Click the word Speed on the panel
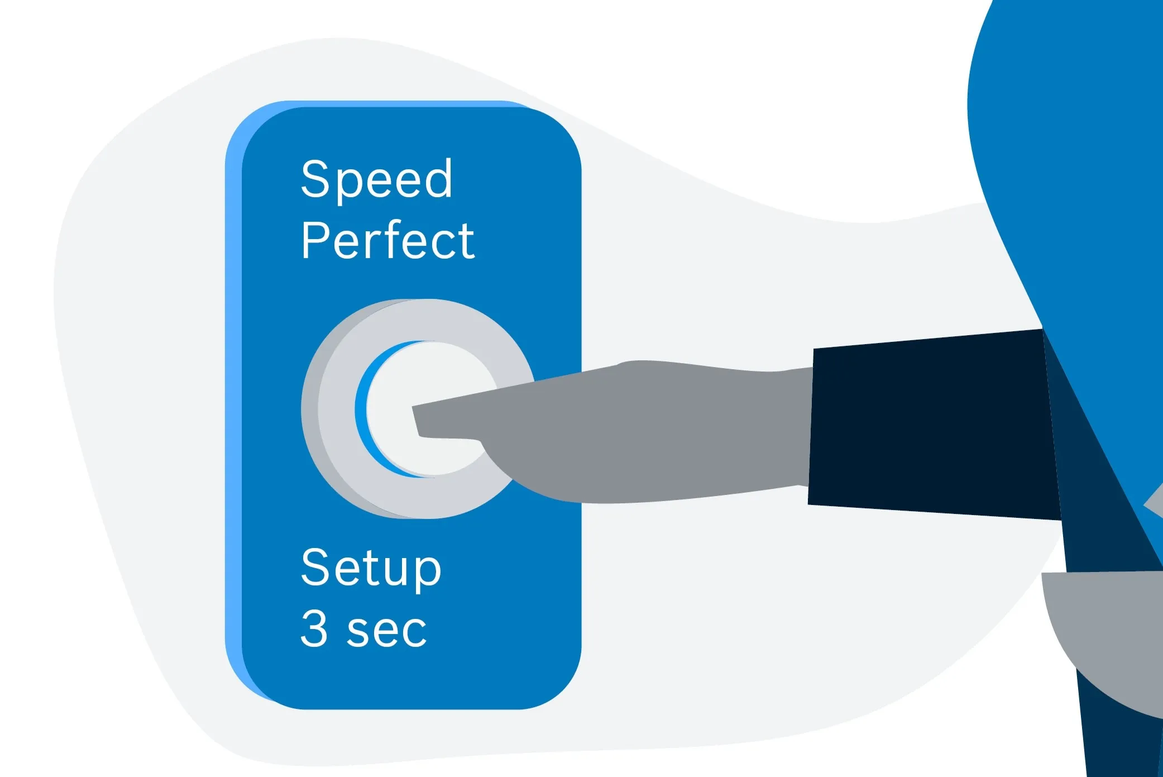coord(376,180)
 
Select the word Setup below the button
coord(371,568)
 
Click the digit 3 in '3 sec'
coord(314,628)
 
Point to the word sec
coord(386,632)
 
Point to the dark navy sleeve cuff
coord(932,425)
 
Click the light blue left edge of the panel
coord(233,402)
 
